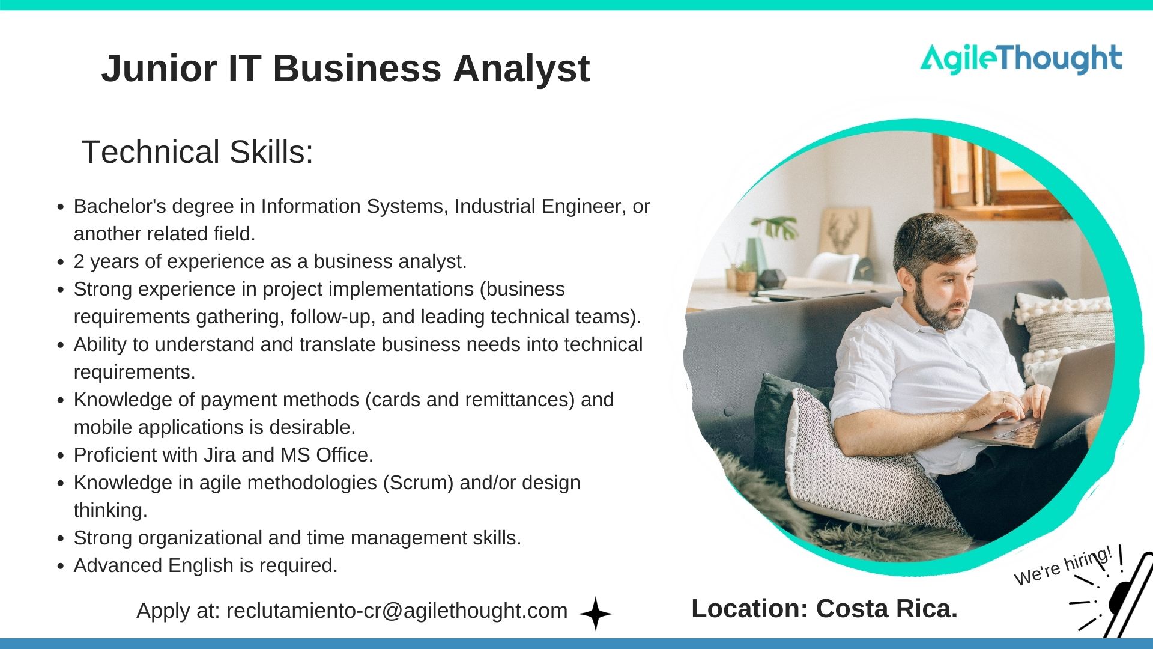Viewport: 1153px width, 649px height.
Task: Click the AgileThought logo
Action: (1021, 59)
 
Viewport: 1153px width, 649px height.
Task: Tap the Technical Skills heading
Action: (197, 151)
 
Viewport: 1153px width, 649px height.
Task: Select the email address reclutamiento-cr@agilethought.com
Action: (396, 611)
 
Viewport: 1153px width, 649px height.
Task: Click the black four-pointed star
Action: (595, 614)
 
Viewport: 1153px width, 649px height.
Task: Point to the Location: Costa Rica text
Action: (824, 609)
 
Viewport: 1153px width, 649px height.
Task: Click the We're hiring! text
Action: (1062, 565)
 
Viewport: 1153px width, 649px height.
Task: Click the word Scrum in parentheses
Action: (418, 483)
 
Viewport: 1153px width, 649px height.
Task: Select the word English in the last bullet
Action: (201, 565)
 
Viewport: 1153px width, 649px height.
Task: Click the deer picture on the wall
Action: (844, 231)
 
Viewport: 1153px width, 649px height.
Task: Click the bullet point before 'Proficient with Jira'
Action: (60, 456)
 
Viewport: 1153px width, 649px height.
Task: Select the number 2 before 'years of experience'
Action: (79, 261)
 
